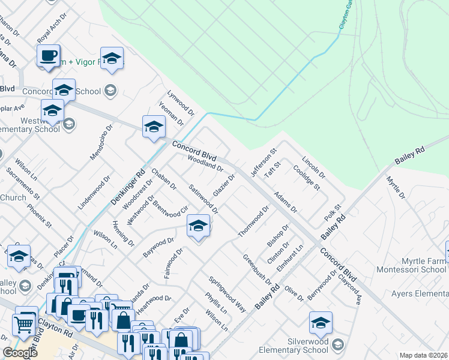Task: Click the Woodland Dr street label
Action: [x=205, y=161]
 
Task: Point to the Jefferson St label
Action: [x=262, y=163]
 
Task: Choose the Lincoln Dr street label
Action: [x=313, y=168]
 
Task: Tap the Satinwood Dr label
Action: [x=203, y=199]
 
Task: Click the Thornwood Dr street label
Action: [x=253, y=221]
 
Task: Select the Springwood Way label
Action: [x=228, y=293]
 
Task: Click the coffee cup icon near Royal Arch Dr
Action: [x=48, y=56]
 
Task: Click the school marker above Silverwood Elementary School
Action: [x=321, y=323]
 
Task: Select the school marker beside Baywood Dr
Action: [x=197, y=226]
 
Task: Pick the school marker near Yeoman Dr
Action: [x=154, y=127]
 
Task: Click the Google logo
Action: [x=20, y=353]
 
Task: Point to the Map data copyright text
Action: [x=423, y=355]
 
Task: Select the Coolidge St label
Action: [x=307, y=178]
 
